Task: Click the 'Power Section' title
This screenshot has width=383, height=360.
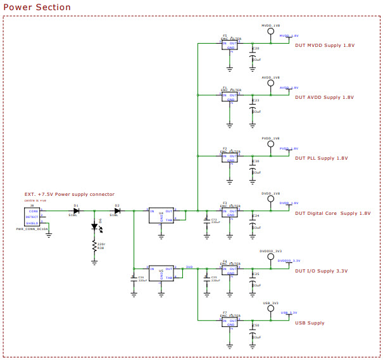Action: [37, 7]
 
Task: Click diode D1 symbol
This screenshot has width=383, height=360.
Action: [76, 210]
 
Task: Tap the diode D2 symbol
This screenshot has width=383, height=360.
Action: [117, 210]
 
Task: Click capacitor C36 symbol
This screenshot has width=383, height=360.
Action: [134, 280]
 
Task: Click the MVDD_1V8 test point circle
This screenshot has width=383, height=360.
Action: [270, 30]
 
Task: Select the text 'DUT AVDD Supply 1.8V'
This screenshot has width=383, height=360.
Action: [323, 98]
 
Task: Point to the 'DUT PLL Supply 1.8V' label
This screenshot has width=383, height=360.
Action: [321, 158]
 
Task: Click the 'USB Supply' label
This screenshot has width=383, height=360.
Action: [310, 323]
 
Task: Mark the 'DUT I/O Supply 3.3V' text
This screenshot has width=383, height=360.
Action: [321, 271]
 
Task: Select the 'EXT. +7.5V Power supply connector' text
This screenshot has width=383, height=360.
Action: [70, 194]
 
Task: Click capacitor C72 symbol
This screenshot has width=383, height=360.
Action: [206, 222]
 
